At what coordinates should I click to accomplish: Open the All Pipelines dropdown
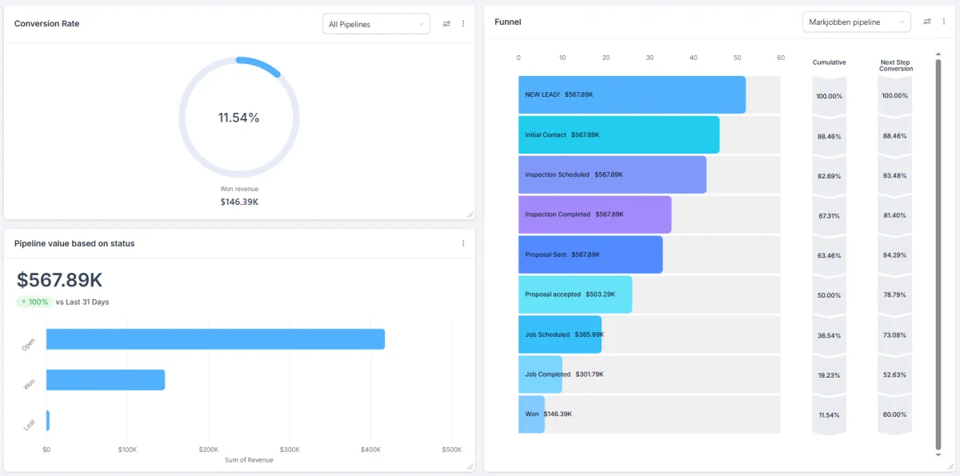(376, 24)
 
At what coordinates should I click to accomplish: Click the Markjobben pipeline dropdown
(856, 22)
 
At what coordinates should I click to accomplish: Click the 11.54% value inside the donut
(238, 118)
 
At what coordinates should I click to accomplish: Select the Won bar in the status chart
(106, 380)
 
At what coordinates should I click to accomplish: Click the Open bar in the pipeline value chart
(215, 339)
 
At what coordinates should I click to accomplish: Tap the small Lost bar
(48, 421)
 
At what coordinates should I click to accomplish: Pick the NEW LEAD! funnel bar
(632, 94)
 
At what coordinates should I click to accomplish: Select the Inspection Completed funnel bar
(594, 214)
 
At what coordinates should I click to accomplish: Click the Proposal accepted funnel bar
(575, 294)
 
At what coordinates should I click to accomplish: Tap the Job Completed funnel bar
(540, 374)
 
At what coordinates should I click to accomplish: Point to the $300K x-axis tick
(290, 450)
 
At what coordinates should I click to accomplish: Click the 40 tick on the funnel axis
(693, 58)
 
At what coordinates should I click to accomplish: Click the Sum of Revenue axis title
(249, 460)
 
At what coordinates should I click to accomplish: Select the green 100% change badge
(34, 302)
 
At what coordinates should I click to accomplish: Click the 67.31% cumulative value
(829, 215)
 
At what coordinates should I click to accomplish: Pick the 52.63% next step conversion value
(894, 375)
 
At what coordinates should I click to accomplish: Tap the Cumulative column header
(829, 62)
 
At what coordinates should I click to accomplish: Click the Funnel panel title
(508, 22)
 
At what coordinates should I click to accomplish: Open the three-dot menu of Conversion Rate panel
(463, 24)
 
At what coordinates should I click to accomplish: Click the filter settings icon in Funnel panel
(927, 22)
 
